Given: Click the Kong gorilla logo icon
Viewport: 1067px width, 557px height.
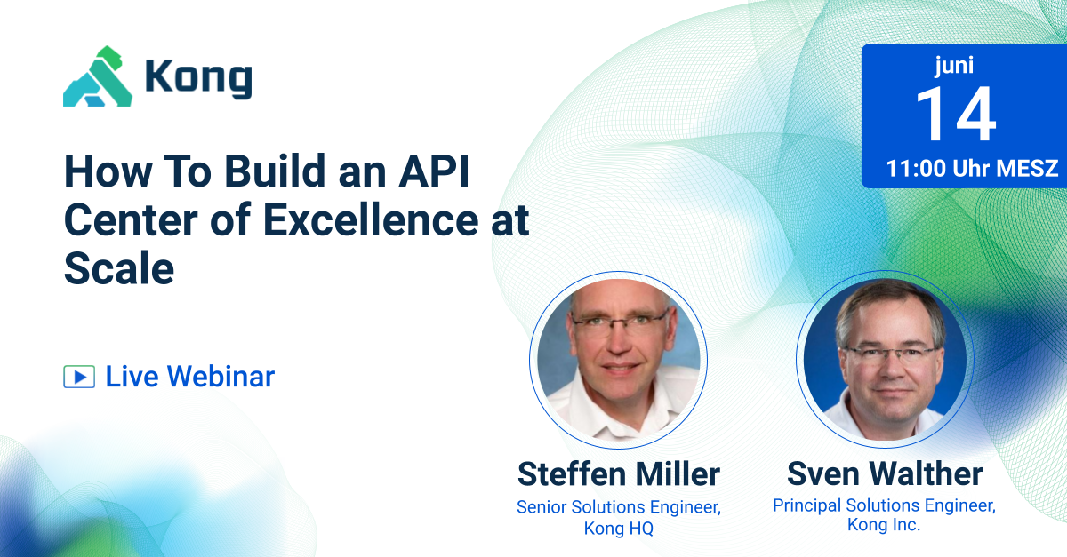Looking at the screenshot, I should tap(97, 77).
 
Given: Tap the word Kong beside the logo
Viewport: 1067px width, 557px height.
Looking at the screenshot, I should tap(198, 78).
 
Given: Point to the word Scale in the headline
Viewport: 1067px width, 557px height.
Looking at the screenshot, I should tap(118, 267).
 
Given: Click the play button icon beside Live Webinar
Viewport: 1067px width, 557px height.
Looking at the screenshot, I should tap(78, 377).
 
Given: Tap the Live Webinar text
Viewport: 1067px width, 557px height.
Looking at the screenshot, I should tap(189, 377).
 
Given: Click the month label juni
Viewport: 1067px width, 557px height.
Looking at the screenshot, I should tap(955, 65).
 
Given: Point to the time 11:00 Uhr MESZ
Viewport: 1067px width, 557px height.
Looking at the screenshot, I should tap(972, 169).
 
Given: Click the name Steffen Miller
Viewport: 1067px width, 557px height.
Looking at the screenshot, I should tap(618, 474).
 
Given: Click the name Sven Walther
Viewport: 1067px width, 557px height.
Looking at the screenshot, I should tap(885, 473).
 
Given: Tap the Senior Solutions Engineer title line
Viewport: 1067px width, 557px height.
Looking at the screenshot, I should tap(618, 507).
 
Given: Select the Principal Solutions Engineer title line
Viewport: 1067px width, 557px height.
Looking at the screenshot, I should tap(884, 505).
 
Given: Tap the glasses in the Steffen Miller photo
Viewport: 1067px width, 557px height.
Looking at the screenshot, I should tap(619, 321).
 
